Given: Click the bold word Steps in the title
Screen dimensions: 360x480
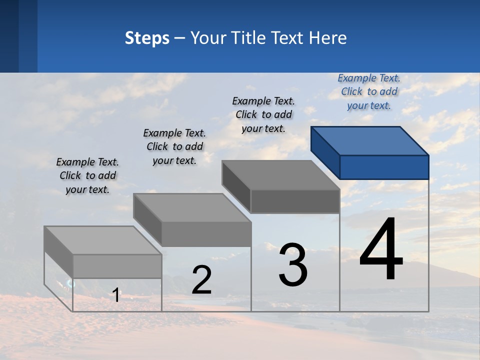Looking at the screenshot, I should point(147,38).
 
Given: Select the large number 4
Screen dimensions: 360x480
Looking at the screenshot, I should point(381,249).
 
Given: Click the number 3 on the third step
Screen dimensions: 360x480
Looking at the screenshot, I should point(293,265).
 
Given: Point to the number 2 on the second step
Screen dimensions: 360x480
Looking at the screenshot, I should point(201,280).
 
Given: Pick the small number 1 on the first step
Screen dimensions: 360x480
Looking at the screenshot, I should point(116,295).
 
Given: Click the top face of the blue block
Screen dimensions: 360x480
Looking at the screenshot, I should point(370,140).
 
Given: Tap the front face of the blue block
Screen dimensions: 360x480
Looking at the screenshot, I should point(384,167).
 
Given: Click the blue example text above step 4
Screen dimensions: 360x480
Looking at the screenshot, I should point(369,92).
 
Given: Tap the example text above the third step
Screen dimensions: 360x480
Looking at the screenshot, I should point(263,114).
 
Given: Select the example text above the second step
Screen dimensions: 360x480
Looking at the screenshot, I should point(174,146).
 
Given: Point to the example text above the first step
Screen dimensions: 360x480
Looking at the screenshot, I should point(87,175).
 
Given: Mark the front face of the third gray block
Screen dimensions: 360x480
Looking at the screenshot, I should point(295,201).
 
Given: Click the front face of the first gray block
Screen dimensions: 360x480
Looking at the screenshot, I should point(117,266).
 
